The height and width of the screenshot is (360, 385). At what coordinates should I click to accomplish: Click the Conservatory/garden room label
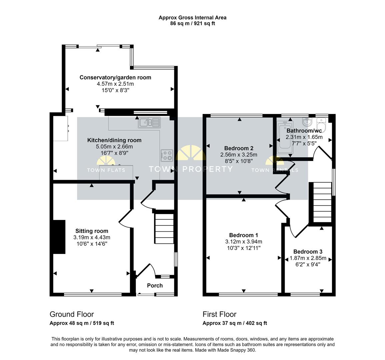[115, 77]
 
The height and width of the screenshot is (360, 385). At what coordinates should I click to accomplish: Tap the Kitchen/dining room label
[114, 140]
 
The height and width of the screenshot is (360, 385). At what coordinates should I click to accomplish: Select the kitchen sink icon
[149, 123]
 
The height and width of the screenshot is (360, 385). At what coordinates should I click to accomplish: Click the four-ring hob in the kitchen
[167, 155]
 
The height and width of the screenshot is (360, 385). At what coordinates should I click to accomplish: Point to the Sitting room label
[92, 231]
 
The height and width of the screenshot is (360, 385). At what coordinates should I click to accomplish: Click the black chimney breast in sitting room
[59, 237]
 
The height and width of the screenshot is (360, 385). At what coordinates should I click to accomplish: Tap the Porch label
[155, 286]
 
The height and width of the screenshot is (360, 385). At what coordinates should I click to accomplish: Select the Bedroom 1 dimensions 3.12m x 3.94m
[243, 242]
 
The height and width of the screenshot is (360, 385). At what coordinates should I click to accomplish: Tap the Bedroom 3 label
[308, 252]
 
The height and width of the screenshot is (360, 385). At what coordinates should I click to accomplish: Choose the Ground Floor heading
[72, 314]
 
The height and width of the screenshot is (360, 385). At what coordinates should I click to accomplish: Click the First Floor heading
[219, 314]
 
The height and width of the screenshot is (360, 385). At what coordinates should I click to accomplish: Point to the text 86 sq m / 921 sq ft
[192, 23]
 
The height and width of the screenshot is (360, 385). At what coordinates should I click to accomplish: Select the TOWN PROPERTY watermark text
[191, 169]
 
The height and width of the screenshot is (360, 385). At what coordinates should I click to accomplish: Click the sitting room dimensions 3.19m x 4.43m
[92, 237]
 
